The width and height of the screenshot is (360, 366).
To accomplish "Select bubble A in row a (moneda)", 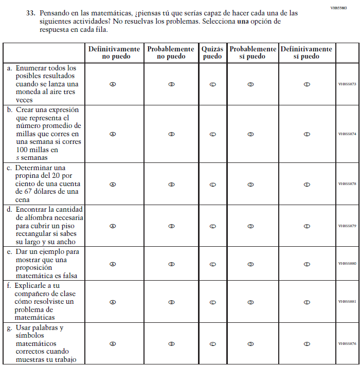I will pos(113,84).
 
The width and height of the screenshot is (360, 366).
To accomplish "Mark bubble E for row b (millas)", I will pos(307,134).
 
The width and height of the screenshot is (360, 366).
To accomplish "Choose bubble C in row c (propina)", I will pos(212,184).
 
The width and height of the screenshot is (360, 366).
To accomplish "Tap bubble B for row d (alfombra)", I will pos(171,226).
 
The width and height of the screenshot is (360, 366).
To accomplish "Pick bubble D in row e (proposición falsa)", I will pos(251,264).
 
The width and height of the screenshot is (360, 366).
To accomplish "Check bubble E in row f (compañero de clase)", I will pos(307,302).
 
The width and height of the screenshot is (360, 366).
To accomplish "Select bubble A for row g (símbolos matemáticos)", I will pos(113,344).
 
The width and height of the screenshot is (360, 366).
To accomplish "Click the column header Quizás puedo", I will pos(212,52).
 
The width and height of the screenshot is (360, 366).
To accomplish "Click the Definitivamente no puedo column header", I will pos(114,52).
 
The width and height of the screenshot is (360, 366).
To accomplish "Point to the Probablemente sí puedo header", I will pos(253,52).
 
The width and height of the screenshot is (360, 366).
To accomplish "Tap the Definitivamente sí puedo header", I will pos(307,52).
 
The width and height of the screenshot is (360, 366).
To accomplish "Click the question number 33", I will pos(30,13).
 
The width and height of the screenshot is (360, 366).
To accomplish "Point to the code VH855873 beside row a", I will pos(347,84).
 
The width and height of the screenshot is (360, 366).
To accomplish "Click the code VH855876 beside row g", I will pos(347,344).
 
